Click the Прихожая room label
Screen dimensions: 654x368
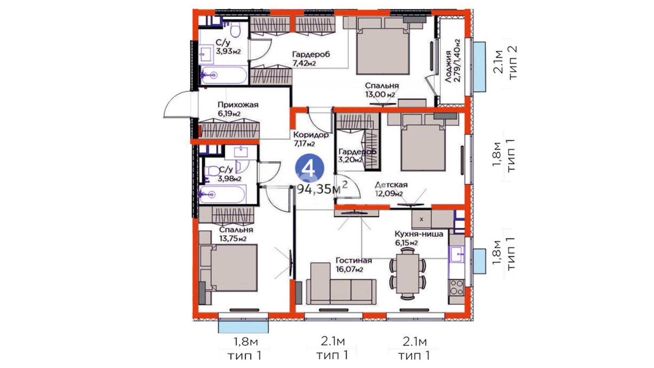pyautogui.click(x=238, y=105)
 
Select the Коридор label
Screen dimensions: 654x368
pyautogui.click(x=311, y=135)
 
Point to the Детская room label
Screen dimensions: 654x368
pyautogui.click(x=391, y=185)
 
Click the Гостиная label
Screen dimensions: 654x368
pyautogui.click(x=354, y=260)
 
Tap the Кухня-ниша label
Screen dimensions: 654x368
pyautogui.click(x=419, y=234)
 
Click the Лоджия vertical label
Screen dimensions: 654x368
pyautogui.click(x=448, y=66)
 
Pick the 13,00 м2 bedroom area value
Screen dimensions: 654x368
pyautogui.click(x=380, y=94)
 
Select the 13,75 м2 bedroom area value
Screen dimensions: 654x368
pyautogui.click(x=233, y=239)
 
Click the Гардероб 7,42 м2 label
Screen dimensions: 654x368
pyautogui.click(x=311, y=59)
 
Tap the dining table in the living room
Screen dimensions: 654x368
pyautogui.click(x=407, y=273)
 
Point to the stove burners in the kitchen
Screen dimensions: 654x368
pyautogui.click(x=456, y=288)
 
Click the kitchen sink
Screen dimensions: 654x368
pyautogui.click(x=456, y=254)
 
